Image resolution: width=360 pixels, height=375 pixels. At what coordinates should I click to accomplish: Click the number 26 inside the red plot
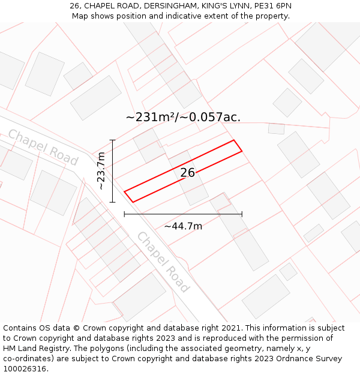pyautogui.click(x=188, y=173)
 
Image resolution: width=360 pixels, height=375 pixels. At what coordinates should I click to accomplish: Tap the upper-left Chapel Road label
pyautogui.click(x=43, y=147)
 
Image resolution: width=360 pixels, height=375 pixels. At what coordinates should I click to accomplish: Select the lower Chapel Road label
pyautogui.click(x=163, y=262)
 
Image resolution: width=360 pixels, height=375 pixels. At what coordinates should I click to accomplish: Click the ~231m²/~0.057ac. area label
pyautogui.click(x=183, y=117)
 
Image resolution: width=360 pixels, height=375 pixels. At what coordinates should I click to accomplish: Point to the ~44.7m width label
pyautogui.click(x=183, y=226)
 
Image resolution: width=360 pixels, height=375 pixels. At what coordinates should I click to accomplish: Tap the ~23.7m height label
pyautogui.click(x=101, y=171)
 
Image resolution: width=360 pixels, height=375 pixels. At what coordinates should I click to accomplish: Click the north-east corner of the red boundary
pyautogui.click(x=234, y=140)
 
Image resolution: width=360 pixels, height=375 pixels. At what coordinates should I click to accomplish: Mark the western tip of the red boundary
pyautogui.click(x=125, y=191)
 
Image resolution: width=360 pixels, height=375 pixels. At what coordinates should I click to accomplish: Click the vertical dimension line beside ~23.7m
pyautogui.click(x=112, y=171)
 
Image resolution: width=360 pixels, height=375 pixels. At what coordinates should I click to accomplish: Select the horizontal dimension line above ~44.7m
pyautogui.click(x=183, y=214)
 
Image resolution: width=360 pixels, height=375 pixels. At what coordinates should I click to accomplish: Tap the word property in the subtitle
pyautogui.click(x=270, y=16)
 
